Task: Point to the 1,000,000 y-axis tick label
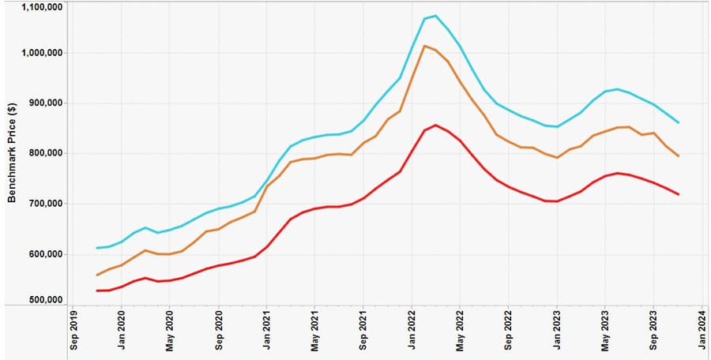click(x=40, y=53)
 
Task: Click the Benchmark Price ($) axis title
click(x=12, y=153)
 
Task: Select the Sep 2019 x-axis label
click(x=73, y=332)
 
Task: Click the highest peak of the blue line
click(x=435, y=15)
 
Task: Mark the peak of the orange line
click(x=423, y=46)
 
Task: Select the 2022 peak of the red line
click(x=435, y=125)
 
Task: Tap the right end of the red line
click(x=679, y=194)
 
